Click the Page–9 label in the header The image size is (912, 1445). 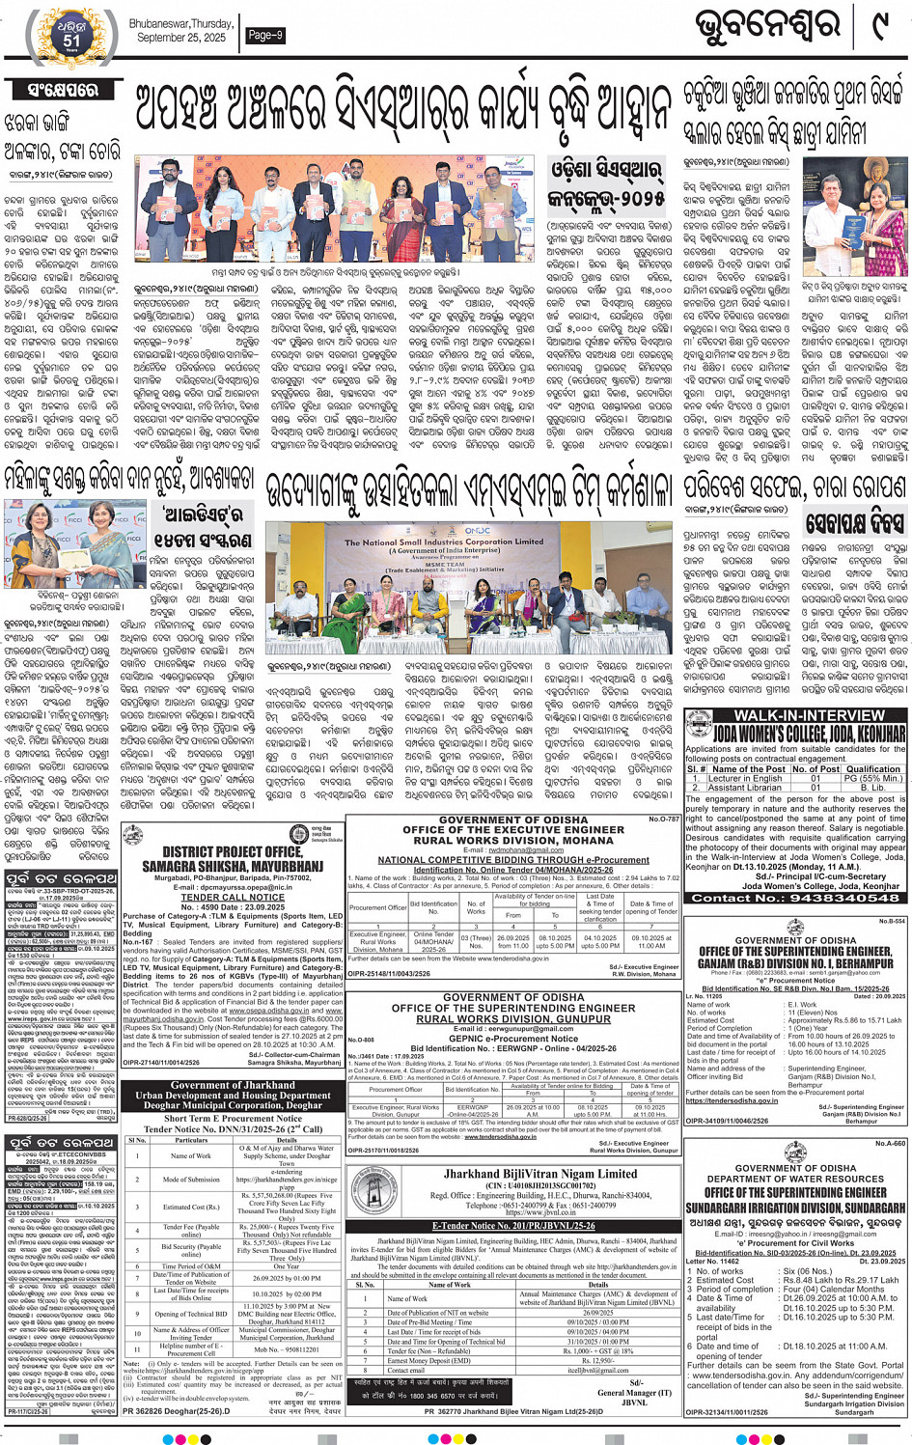coord(265,35)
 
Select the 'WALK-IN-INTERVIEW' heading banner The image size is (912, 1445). coord(795,715)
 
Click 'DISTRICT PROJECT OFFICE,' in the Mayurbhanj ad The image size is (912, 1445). coord(232,852)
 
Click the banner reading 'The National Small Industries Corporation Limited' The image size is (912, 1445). coord(444,542)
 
